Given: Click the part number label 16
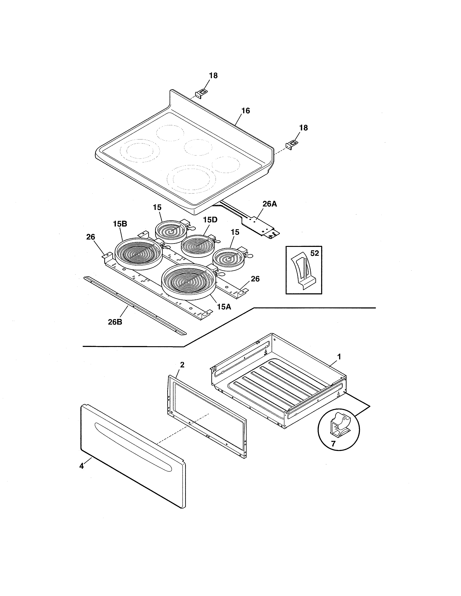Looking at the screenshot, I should point(246,111).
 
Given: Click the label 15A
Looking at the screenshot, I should point(224,307).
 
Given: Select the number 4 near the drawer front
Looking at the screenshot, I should point(81,466).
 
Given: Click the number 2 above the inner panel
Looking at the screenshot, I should point(182,365).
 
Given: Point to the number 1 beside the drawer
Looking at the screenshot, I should point(339,356).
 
